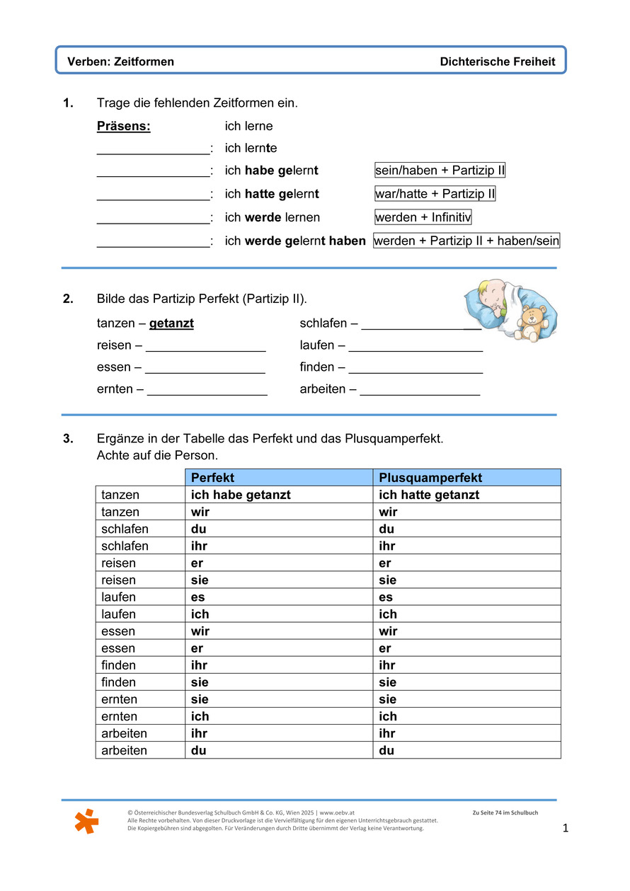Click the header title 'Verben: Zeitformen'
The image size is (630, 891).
tap(120, 62)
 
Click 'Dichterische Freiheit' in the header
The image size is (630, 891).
tap(497, 62)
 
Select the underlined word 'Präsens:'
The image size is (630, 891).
tap(124, 126)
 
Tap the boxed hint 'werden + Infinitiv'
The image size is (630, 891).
tap(423, 217)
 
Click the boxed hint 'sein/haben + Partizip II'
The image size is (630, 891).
tap(440, 171)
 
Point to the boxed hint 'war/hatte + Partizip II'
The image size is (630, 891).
tap(435, 194)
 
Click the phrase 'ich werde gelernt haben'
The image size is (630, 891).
tap(295, 241)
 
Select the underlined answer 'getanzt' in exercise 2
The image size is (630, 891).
tap(171, 323)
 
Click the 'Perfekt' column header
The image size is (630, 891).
tap(212, 478)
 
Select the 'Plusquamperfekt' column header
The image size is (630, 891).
tap(430, 478)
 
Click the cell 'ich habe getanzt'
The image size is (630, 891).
tap(241, 495)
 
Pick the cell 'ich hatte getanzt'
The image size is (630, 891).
tap(429, 495)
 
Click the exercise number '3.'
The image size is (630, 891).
tap(68, 439)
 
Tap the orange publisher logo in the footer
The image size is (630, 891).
tap(86, 821)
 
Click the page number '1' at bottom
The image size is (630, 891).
tap(566, 828)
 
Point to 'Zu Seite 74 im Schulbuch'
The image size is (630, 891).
tap(505, 813)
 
